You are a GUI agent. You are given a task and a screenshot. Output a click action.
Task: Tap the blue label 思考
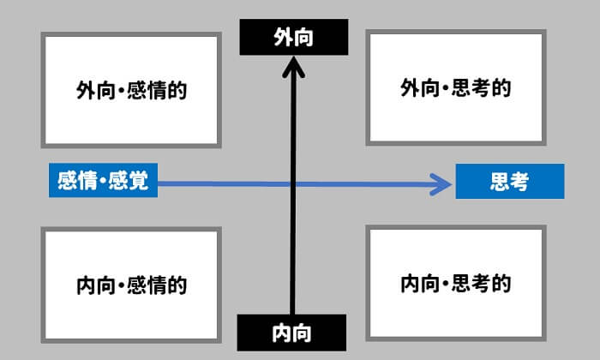point(509,182)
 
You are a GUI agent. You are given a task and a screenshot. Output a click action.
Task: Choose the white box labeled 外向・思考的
point(456,88)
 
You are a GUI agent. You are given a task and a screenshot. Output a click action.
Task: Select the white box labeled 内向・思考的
point(456,283)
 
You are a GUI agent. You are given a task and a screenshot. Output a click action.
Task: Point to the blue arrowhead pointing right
point(444,183)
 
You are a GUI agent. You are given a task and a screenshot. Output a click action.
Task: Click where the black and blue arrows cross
point(293,183)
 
